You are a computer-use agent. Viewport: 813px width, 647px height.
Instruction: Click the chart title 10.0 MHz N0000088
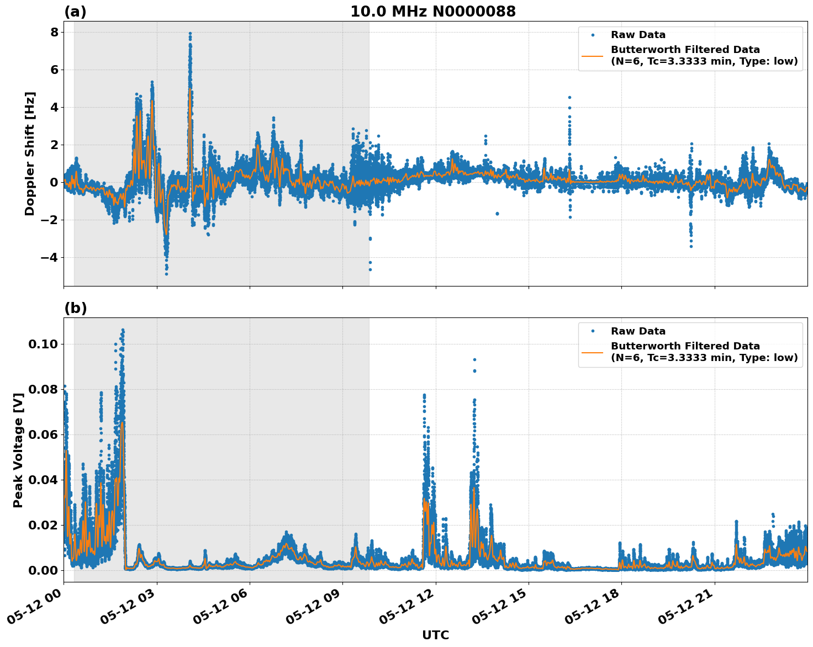point(433,12)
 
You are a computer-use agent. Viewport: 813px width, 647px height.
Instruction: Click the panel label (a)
point(75,12)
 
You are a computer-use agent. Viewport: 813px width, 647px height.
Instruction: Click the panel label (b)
point(75,308)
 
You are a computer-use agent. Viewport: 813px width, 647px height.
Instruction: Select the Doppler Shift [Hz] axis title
point(30,153)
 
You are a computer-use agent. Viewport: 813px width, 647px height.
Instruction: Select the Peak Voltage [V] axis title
point(18,450)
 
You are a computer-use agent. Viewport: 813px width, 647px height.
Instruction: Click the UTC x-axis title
point(435,635)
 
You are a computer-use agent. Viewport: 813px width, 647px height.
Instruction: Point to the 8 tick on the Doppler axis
point(54,32)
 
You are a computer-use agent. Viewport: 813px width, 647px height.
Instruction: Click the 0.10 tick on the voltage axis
point(43,344)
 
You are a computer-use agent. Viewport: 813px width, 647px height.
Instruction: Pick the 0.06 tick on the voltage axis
point(43,434)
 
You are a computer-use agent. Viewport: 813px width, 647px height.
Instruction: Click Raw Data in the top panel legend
point(638,35)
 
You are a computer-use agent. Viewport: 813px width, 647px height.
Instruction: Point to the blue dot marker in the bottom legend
point(593,331)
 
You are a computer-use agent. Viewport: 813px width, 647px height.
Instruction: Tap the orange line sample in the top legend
point(593,55)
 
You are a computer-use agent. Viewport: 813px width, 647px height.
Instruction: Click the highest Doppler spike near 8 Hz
point(190,34)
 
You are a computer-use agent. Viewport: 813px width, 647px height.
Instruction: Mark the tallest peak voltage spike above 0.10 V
point(123,330)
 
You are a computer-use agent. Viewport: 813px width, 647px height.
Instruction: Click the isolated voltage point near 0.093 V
point(474,360)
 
